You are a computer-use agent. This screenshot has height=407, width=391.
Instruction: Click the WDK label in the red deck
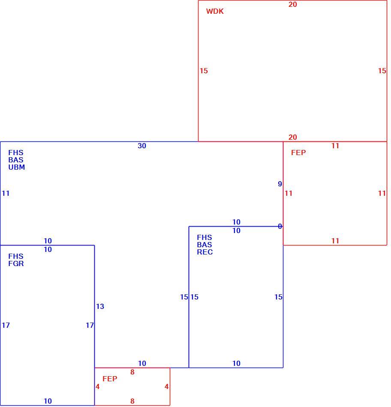[215, 12]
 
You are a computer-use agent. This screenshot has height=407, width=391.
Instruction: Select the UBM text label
[17, 168]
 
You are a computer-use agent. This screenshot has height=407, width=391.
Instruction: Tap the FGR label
[16, 264]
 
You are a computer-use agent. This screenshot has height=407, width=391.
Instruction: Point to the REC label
[205, 252]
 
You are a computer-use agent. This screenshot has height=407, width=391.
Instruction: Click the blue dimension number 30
[142, 146]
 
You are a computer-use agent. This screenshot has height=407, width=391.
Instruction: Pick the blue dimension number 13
[100, 307]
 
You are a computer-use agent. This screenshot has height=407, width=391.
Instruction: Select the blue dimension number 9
[280, 184]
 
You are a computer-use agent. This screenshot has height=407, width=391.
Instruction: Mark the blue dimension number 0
[280, 227]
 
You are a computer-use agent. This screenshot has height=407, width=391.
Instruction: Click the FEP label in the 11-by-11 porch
[298, 153]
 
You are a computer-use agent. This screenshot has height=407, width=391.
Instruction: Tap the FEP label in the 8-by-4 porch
[110, 379]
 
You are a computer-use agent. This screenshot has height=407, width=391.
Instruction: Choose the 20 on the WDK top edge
[293, 4]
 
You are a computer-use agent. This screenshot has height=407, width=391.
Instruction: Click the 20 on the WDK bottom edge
[293, 138]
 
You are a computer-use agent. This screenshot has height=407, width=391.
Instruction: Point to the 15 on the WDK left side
[204, 71]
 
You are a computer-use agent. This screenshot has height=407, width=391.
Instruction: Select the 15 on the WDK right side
[382, 71]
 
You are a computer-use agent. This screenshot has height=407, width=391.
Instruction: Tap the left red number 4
[97, 387]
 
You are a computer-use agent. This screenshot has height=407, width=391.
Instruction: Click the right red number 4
[166, 387]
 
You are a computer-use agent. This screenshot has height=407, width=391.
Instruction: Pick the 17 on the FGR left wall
[6, 326]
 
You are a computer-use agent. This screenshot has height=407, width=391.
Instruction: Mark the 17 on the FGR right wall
[90, 326]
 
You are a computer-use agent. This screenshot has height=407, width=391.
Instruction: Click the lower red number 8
[132, 401]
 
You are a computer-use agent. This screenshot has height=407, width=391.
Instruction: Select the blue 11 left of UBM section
[6, 193]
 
